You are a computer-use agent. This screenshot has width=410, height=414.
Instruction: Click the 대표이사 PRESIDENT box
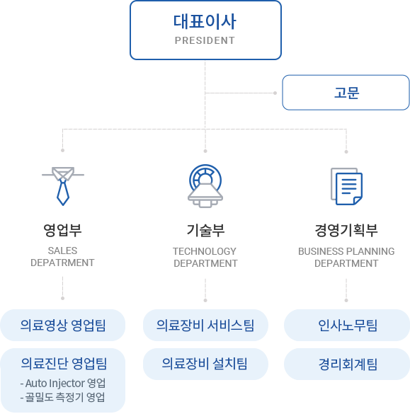(205, 30)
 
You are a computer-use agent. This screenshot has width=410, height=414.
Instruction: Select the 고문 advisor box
(346, 92)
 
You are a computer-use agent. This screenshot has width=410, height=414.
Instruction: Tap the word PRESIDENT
(205, 40)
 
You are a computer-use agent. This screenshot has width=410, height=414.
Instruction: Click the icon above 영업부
(63, 186)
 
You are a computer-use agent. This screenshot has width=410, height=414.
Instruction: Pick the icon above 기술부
(205, 181)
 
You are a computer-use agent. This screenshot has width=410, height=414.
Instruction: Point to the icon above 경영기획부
(346, 186)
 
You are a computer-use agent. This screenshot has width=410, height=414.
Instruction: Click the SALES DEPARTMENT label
(63, 257)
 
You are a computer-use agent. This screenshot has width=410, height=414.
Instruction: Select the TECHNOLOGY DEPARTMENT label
(205, 257)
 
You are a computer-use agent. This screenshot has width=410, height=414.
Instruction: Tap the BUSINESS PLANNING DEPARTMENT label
(346, 257)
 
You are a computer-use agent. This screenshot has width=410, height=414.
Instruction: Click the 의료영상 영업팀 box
(63, 326)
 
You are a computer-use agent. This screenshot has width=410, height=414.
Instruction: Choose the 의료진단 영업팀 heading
(63, 364)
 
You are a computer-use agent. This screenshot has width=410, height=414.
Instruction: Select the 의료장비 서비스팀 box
(205, 326)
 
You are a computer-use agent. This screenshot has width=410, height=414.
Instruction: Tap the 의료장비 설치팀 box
(205, 364)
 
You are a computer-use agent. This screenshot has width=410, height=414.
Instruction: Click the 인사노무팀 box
(347, 326)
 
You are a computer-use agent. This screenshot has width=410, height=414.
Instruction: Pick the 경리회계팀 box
(347, 364)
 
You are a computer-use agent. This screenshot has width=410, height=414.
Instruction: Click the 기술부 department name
(205, 229)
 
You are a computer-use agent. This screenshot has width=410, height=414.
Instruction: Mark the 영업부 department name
(63, 229)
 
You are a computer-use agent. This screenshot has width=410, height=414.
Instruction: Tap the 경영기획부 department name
(346, 229)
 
